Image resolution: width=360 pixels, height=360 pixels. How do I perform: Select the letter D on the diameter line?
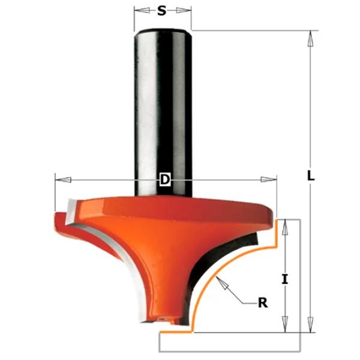(164, 179)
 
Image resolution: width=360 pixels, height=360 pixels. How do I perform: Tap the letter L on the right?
(310, 176)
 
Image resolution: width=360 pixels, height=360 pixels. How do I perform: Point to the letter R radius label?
(262, 303)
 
